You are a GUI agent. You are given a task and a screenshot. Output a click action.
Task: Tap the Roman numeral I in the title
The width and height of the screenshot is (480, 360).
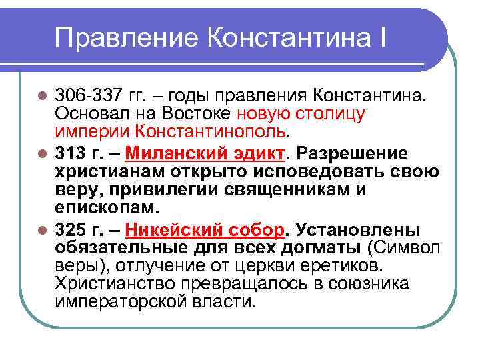[379, 37]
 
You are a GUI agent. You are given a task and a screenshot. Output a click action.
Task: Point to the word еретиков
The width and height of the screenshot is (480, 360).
[340, 266]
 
